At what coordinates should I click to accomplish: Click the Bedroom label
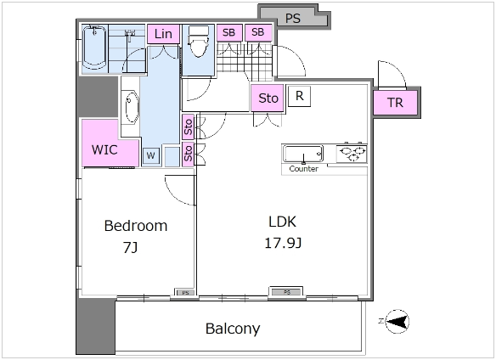[136, 226]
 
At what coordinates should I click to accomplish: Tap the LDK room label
[282, 222]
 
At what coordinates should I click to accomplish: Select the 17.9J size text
[283, 244]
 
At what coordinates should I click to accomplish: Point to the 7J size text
[130, 247]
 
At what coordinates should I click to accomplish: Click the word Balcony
[233, 329]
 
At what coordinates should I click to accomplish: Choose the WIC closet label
[104, 149]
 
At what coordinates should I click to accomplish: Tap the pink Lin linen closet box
[163, 34]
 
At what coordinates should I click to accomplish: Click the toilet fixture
[199, 41]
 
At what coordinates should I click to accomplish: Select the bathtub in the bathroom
[94, 48]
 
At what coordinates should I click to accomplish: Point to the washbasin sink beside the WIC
[130, 108]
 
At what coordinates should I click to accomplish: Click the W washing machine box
[151, 155]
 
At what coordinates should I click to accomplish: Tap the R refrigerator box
[299, 96]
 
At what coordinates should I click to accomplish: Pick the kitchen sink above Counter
[303, 154]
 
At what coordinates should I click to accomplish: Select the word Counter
[304, 169]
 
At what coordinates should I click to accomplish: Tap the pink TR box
[395, 103]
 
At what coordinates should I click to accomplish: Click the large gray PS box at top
[294, 17]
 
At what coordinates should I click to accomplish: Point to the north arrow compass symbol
[397, 322]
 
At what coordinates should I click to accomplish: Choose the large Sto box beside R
[268, 98]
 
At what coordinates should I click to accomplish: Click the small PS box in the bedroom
[185, 293]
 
